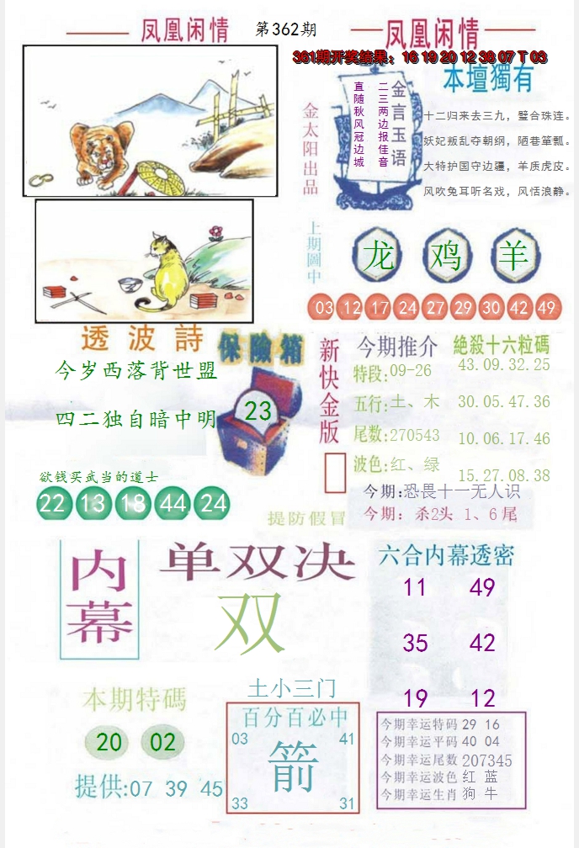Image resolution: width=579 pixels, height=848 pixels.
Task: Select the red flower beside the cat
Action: [x=215, y=230]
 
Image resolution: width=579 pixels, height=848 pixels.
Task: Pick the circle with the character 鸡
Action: [x=446, y=255]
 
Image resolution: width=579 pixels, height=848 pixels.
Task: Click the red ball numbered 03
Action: [x=323, y=308]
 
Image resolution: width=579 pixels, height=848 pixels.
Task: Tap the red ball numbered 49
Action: [x=546, y=308]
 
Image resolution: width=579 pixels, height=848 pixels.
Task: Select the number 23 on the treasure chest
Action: [x=258, y=411]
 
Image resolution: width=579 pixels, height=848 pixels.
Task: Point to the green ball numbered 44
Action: [x=173, y=503]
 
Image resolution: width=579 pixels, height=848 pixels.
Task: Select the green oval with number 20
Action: [x=109, y=742]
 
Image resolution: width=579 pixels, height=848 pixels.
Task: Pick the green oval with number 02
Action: [x=163, y=742]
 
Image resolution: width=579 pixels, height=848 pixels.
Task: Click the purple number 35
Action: [x=415, y=644]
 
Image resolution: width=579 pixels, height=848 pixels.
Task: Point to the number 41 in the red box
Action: [x=347, y=739]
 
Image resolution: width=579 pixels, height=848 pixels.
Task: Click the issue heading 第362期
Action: [x=284, y=29]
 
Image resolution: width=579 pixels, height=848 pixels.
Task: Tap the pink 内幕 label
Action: [x=100, y=598]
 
